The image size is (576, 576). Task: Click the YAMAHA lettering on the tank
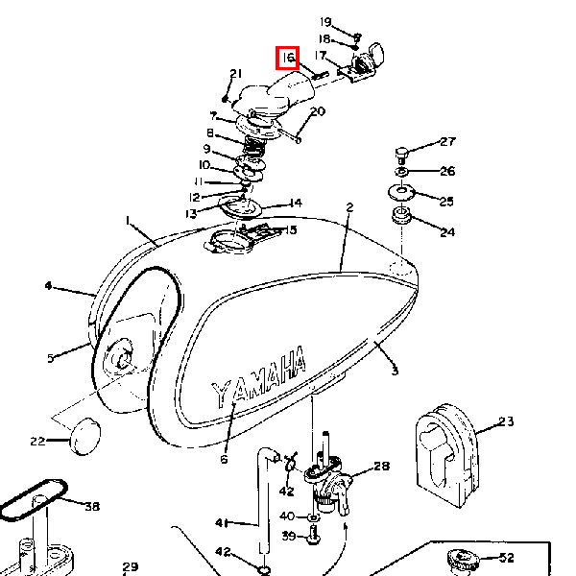pyautogui.click(x=258, y=377)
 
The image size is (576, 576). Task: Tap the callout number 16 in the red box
pyautogui.click(x=288, y=58)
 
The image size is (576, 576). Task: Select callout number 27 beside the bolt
pyautogui.click(x=447, y=142)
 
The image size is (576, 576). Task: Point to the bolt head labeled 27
pyautogui.click(x=401, y=155)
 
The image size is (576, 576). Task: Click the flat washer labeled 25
pyautogui.click(x=401, y=192)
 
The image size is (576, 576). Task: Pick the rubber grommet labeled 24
pyautogui.click(x=401, y=215)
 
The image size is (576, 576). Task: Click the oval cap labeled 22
pyautogui.click(x=84, y=437)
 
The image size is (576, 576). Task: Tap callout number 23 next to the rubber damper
pyautogui.click(x=506, y=421)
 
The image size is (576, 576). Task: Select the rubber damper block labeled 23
pyautogui.click(x=447, y=455)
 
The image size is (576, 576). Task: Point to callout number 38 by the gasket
pyautogui.click(x=92, y=507)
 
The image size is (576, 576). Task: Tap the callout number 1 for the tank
pyautogui.click(x=128, y=221)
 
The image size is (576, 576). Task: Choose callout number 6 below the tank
pyautogui.click(x=224, y=459)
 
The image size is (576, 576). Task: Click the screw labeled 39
pyautogui.click(x=313, y=535)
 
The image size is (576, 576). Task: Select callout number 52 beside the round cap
pyautogui.click(x=507, y=558)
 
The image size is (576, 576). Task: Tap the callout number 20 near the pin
pyautogui.click(x=318, y=111)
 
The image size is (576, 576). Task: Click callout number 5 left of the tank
pyautogui.click(x=51, y=358)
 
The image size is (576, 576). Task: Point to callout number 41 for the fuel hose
pyautogui.click(x=222, y=523)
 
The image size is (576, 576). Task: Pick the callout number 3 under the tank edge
pyautogui.click(x=395, y=371)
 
